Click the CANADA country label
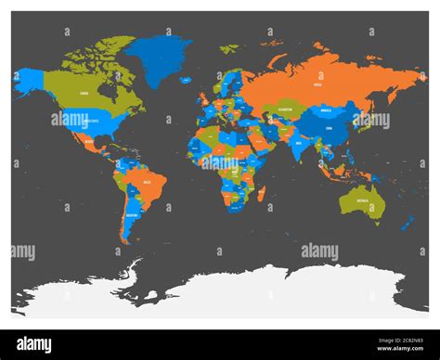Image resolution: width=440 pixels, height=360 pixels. click(84, 94)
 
